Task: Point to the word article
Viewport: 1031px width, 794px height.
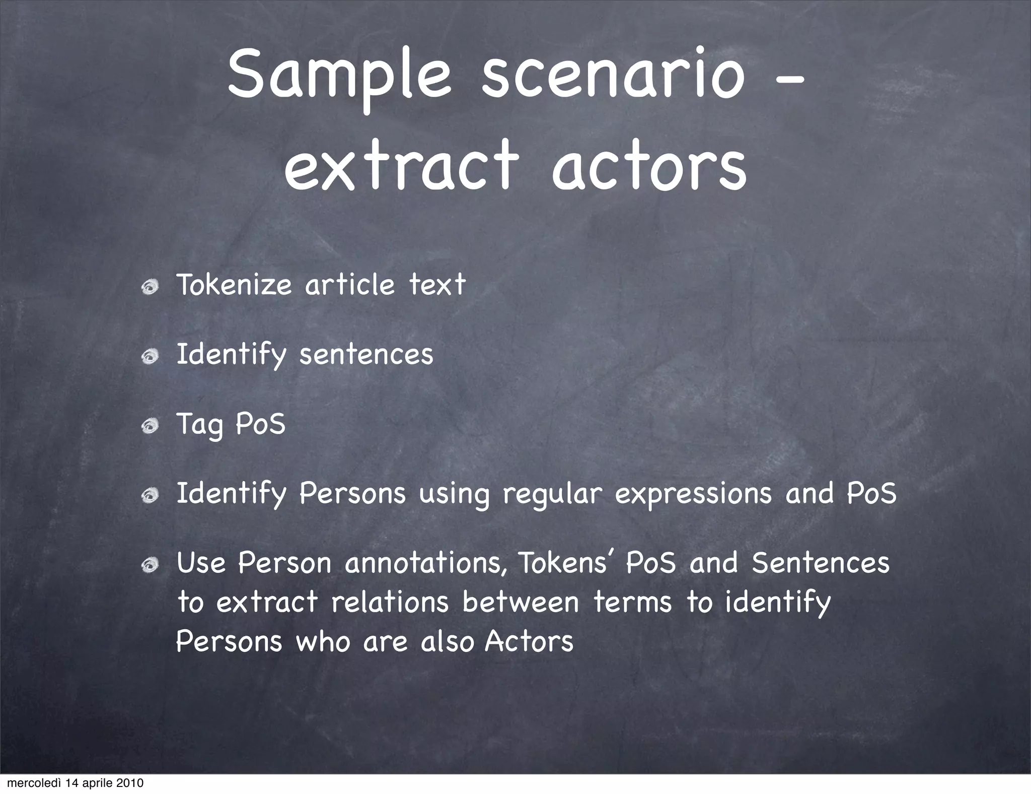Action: pos(350,285)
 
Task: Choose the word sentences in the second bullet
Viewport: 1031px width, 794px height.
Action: pos(366,354)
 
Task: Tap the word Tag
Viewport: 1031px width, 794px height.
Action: pos(199,425)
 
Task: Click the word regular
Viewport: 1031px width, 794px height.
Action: pos(552,494)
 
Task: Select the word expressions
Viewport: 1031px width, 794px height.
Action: pos(693,494)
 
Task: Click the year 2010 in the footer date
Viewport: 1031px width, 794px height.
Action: pos(130,783)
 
